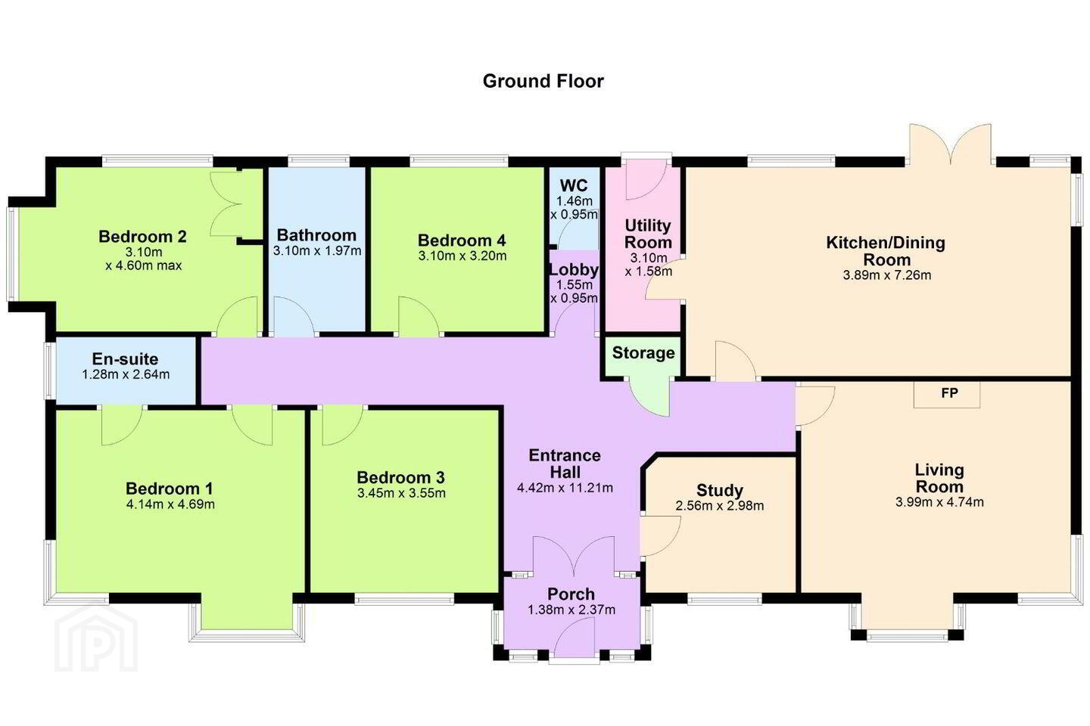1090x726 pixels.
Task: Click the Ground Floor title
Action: click(543, 81)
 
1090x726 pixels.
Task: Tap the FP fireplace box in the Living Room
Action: click(946, 394)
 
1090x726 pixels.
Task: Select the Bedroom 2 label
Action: click(142, 237)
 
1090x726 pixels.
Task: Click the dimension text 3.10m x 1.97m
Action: click(316, 251)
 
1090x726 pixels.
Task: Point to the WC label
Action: click(574, 185)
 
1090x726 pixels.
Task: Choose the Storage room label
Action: click(643, 353)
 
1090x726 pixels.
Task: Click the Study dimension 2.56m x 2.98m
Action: click(720, 506)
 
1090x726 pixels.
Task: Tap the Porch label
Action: click(571, 594)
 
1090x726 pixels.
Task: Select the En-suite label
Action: click(125, 359)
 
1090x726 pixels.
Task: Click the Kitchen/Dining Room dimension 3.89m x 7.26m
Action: click(887, 275)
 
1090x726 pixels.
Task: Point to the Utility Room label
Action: click(648, 234)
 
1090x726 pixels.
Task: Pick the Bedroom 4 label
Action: click(462, 240)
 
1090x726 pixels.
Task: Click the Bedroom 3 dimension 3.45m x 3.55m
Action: click(401, 493)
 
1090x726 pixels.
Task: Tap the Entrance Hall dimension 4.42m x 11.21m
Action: click(565, 488)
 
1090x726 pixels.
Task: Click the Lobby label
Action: click(574, 270)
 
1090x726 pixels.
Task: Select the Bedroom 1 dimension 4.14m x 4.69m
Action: click(170, 504)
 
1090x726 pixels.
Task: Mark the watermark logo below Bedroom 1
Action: click(96, 638)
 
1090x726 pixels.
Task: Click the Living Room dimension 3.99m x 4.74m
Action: click(939, 502)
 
